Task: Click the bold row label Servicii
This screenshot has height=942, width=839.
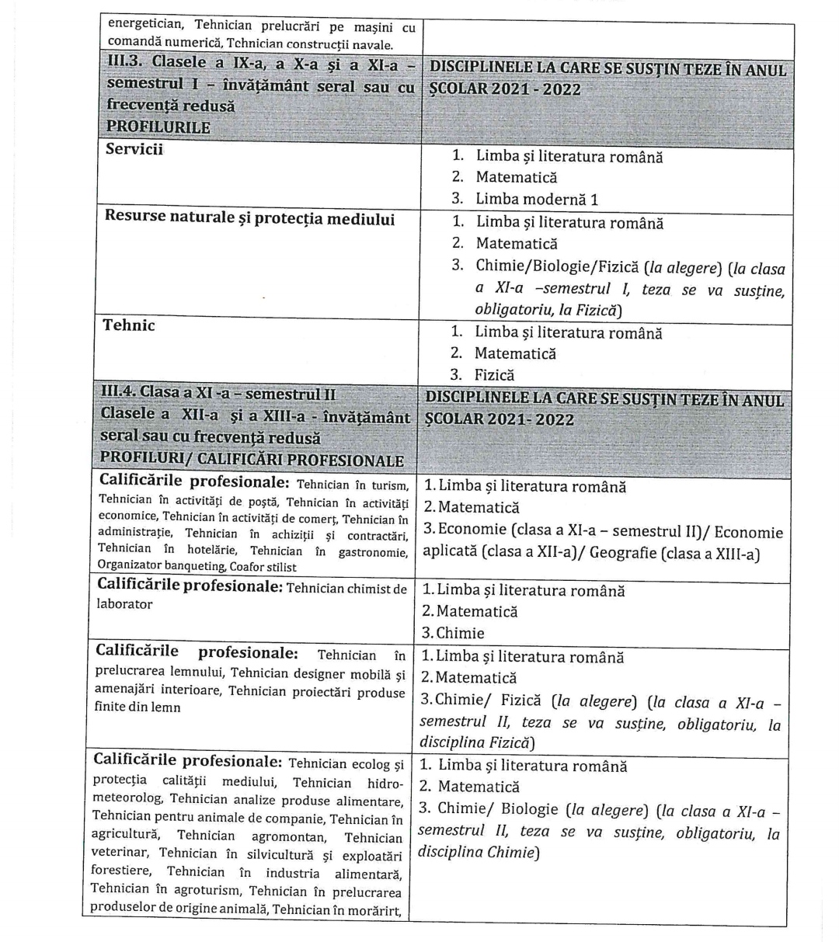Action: click(x=134, y=151)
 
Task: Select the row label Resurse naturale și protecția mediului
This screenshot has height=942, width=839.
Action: click(x=249, y=218)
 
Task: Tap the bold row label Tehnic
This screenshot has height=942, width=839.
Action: click(x=129, y=325)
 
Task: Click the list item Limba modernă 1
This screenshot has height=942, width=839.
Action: click(x=537, y=200)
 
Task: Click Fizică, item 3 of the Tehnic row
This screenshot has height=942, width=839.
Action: click(x=495, y=375)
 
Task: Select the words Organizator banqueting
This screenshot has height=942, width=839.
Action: click(x=161, y=568)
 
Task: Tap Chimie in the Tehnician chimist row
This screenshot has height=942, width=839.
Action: click(x=460, y=633)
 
